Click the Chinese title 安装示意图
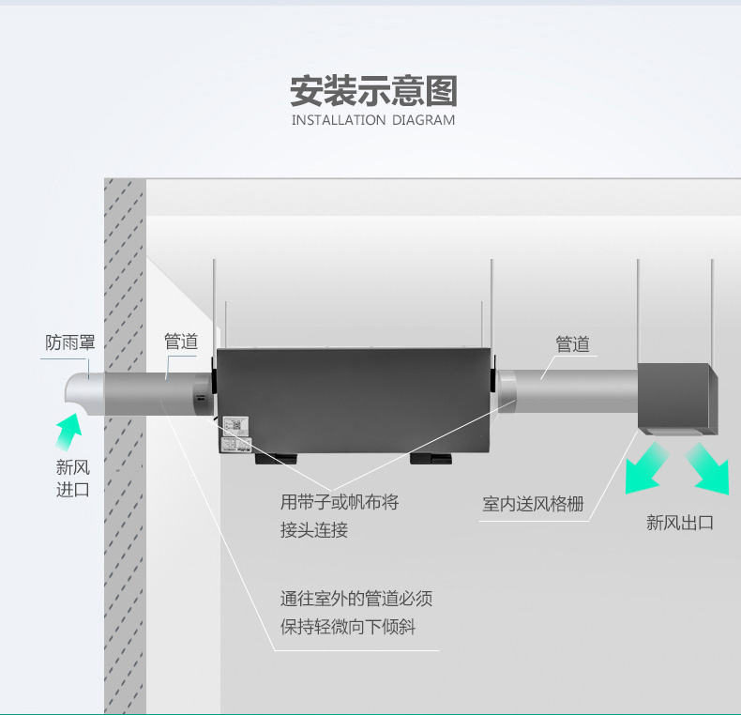point(372,93)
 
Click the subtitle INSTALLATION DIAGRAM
point(372,121)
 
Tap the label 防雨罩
point(70,343)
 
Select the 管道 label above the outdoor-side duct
point(181,342)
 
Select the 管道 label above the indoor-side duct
point(572,344)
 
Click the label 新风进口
point(72,478)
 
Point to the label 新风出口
point(679,523)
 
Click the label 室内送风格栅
point(533,505)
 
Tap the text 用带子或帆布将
point(340,502)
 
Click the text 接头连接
point(314,530)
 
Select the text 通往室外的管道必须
point(356,599)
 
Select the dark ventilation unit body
point(355,400)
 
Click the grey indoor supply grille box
point(678,396)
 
